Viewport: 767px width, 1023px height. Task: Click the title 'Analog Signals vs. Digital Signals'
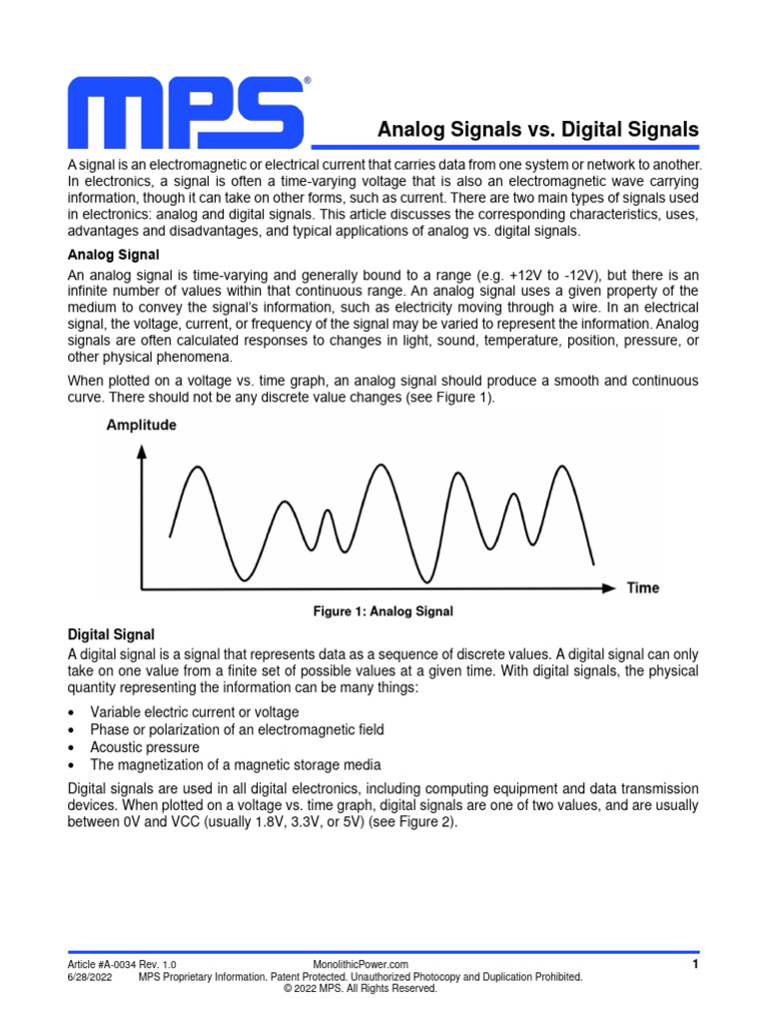[x=537, y=130]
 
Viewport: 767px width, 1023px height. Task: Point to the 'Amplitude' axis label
[x=141, y=426]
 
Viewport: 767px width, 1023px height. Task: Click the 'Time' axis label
[x=642, y=587]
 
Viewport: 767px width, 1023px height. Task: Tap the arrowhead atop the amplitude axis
[x=142, y=451]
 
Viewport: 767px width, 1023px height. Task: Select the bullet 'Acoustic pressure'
[x=145, y=747]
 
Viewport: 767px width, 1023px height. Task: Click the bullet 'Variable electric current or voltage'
[x=194, y=711]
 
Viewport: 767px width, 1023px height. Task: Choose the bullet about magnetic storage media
[x=236, y=765]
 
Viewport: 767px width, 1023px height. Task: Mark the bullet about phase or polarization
[x=237, y=729]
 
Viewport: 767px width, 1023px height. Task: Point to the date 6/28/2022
[x=90, y=976]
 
